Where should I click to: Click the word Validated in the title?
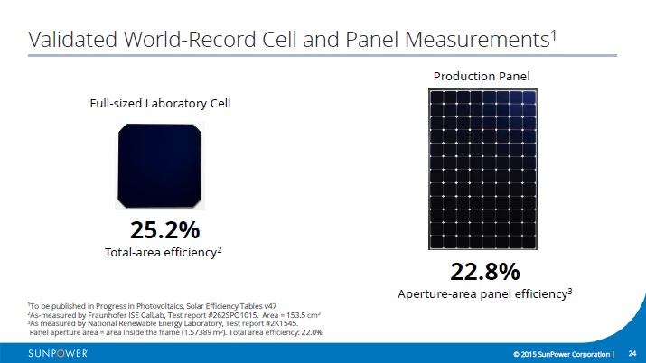tap(73, 40)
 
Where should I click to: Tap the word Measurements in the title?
tap(477, 40)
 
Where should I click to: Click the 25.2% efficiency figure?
tap(164, 229)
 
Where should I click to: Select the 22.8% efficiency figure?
tap(485, 272)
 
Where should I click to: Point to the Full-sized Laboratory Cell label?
tap(160, 103)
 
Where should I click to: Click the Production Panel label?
tap(482, 76)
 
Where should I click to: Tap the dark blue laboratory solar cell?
tap(160, 166)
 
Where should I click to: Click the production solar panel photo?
tap(482, 169)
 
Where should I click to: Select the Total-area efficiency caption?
tap(164, 252)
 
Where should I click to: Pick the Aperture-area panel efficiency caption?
tap(485, 293)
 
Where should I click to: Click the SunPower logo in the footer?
tap(58, 354)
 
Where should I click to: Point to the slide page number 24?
tap(632, 354)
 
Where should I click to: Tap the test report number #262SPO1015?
tap(234, 315)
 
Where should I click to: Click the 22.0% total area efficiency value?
tap(312, 332)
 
